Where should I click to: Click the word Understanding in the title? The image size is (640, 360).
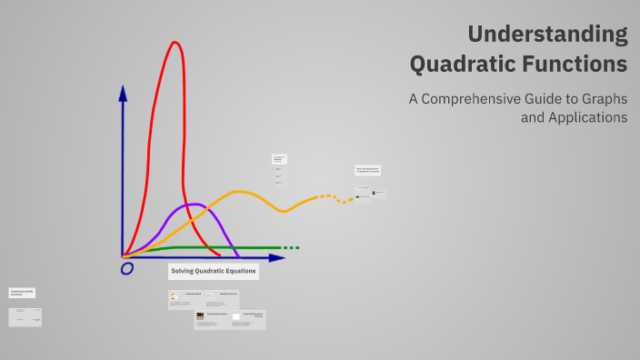[547, 35]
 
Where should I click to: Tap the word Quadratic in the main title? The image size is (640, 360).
[465, 65]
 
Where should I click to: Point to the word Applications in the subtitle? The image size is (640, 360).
[574, 117]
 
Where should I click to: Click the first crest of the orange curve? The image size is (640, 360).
[239, 192]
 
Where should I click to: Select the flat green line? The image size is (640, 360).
[218, 247]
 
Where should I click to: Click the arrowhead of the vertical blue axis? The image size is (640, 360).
[123, 92]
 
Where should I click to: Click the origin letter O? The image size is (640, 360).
[127, 268]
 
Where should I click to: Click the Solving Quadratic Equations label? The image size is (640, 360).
[214, 271]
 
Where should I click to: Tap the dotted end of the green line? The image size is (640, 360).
[289, 247]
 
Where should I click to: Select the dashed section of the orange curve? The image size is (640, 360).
[332, 196]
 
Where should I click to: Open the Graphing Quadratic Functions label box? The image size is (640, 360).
[23, 293]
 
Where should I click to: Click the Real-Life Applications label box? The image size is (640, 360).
[368, 170]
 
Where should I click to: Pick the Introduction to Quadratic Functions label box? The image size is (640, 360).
[279, 159]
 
